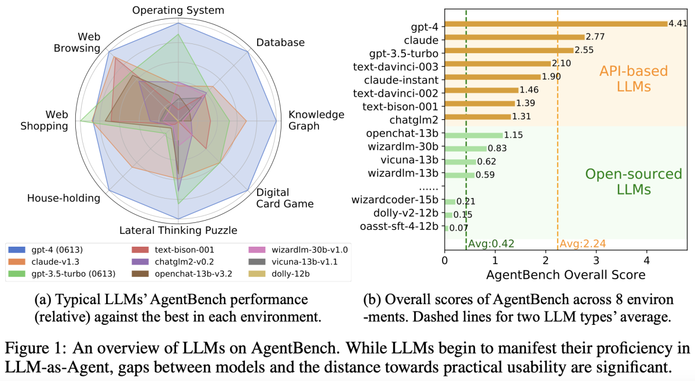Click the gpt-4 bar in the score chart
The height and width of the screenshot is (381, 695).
(556, 24)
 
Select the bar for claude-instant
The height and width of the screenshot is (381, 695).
(492, 77)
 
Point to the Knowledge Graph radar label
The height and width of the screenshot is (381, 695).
(316, 120)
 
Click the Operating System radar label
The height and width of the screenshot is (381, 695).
(178, 10)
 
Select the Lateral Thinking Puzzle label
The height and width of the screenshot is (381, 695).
(178, 230)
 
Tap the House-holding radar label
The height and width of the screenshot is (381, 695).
(64, 198)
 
